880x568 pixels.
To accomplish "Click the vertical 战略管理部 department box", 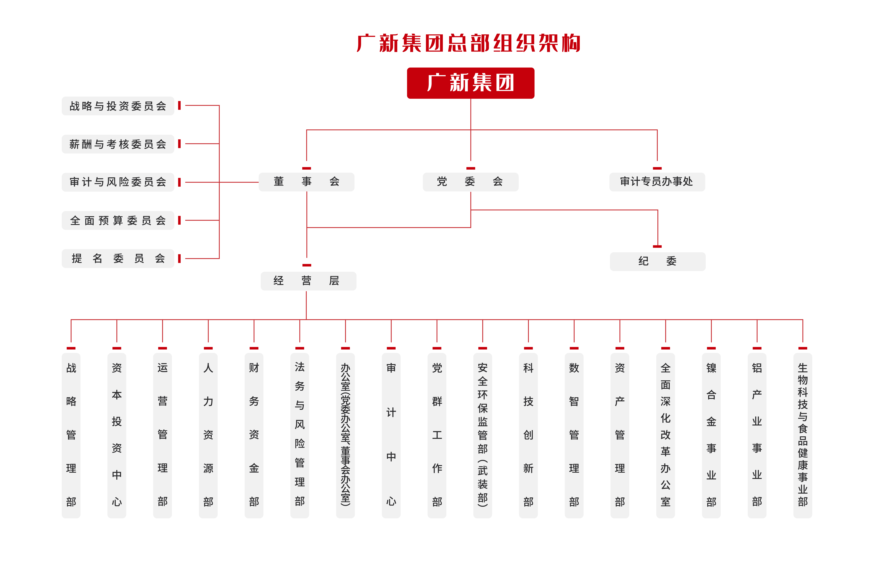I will [71, 435].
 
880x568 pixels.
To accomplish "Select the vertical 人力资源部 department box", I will [208, 435].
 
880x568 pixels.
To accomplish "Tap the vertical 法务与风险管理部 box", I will [300, 435].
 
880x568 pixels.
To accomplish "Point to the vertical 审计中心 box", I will [391, 435].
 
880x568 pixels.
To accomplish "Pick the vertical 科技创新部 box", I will [528, 435].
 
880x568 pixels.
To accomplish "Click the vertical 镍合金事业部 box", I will [711, 435].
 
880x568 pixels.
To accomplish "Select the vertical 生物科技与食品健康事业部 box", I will [803, 435].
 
